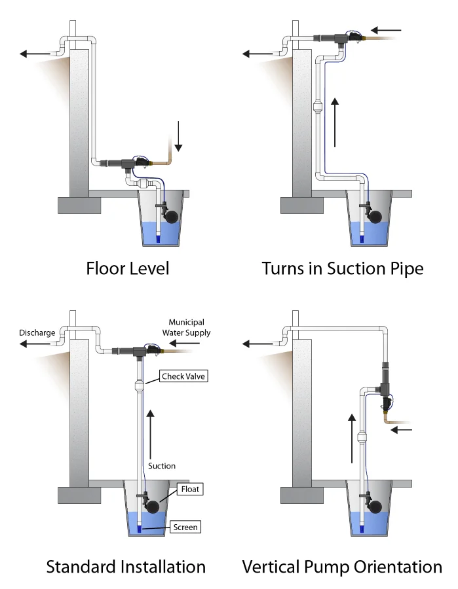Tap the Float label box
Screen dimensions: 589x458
pyautogui.click(x=190, y=489)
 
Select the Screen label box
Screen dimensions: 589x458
pyautogui.click(x=185, y=527)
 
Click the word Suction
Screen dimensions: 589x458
pyautogui.click(x=162, y=466)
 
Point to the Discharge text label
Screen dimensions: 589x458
pyautogui.click(x=37, y=332)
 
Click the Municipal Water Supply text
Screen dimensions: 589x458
pyautogui.click(x=187, y=327)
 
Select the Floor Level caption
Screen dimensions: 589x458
pyautogui.click(x=128, y=268)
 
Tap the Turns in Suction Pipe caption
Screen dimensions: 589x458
pyautogui.click(x=343, y=268)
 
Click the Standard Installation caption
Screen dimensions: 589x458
pyautogui.click(x=126, y=566)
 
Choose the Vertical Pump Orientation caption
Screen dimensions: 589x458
pyautogui.click(x=342, y=566)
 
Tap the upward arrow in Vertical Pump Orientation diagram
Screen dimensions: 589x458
pyautogui.click(x=351, y=438)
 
